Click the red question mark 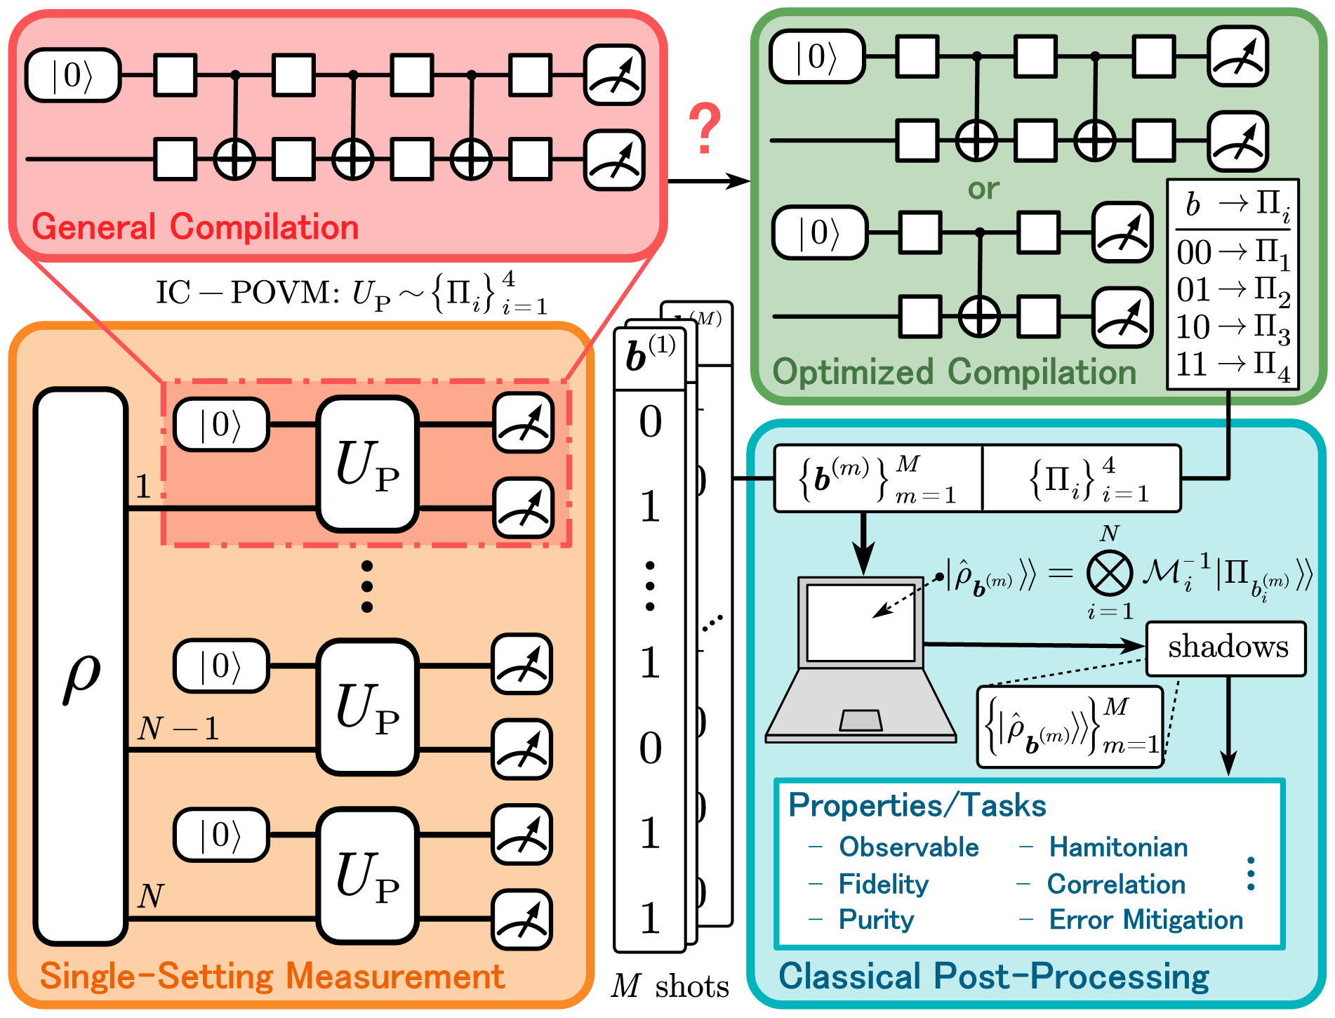(x=704, y=128)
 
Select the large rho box (x=81, y=666)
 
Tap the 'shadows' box (x=1226, y=648)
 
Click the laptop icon (x=861, y=660)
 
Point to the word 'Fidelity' (x=883, y=884)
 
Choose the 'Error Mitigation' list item (x=1145, y=920)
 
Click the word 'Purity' (x=876, y=920)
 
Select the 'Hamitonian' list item (x=1118, y=847)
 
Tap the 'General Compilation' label (x=195, y=227)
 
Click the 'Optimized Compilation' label (x=954, y=372)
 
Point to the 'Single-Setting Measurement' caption (x=272, y=977)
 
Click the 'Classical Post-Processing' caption (x=994, y=977)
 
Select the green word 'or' (x=983, y=189)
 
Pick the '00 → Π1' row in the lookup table (x=1233, y=253)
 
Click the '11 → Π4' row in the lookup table (x=1233, y=365)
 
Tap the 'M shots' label (x=670, y=986)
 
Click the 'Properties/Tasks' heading (x=917, y=805)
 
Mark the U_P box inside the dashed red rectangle (x=368, y=464)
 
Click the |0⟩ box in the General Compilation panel (x=73, y=75)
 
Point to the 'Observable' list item (x=908, y=847)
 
